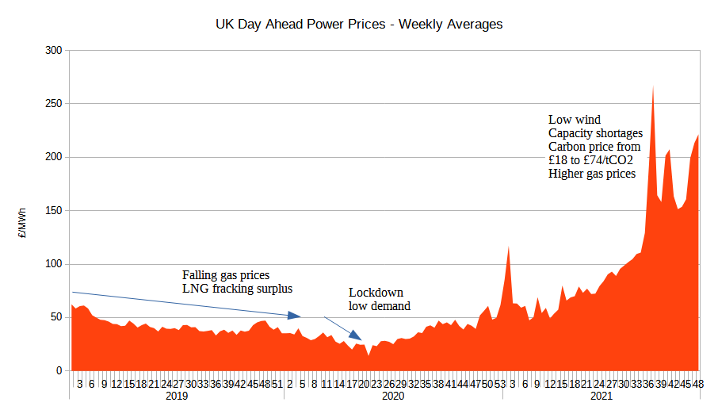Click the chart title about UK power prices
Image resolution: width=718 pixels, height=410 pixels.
(x=359, y=25)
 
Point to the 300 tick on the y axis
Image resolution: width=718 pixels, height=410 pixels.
(x=53, y=50)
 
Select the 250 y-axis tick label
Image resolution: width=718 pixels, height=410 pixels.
(x=53, y=104)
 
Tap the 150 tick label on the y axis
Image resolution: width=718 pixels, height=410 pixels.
(x=53, y=211)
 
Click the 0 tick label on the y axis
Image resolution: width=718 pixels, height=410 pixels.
(x=59, y=371)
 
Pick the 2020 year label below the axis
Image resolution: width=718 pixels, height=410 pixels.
(x=394, y=397)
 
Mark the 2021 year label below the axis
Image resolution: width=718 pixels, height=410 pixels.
(x=601, y=397)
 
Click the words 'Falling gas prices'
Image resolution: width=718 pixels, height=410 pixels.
(x=231, y=275)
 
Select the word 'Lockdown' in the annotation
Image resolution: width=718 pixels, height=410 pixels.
(x=375, y=293)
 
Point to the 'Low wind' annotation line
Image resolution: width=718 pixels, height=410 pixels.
(x=575, y=120)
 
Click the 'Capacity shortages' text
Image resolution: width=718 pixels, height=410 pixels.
(x=595, y=133)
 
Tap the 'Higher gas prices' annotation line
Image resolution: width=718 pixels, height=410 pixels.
(x=591, y=174)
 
